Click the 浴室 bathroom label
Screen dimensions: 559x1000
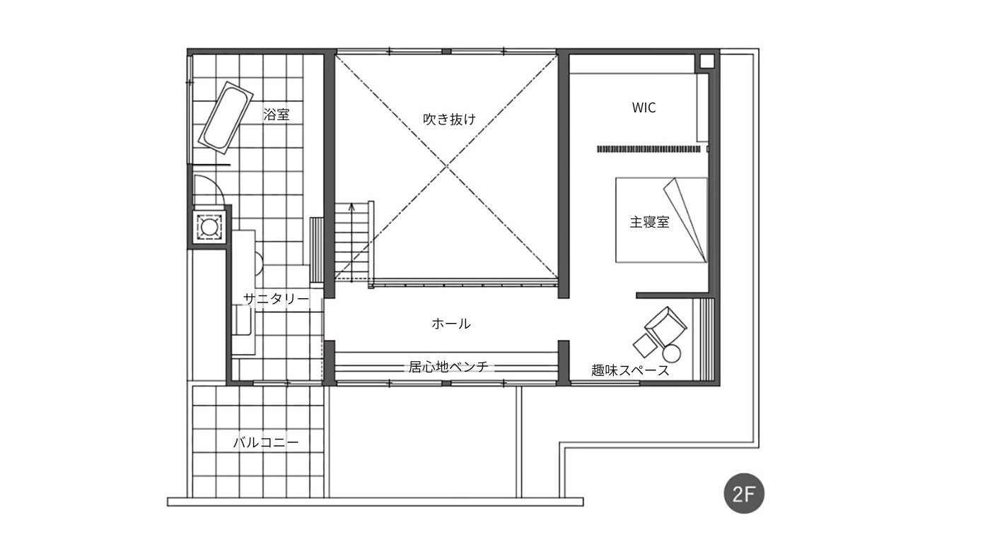(277, 114)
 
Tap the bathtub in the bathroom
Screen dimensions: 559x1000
(226, 117)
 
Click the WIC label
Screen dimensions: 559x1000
(644, 108)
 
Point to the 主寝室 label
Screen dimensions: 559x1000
(649, 222)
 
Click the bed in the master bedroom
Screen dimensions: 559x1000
(661, 220)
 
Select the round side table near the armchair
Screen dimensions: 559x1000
(671, 353)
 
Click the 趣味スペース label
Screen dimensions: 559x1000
(630, 370)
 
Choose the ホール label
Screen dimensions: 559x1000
(450, 324)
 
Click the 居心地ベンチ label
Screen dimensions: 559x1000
(448, 367)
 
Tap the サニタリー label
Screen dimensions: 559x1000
(276, 299)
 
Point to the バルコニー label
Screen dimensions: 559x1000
(266, 443)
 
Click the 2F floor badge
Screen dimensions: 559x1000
(744, 493)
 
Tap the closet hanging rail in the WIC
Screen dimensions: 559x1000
(649, 149)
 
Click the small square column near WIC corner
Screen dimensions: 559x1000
(707, 61)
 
